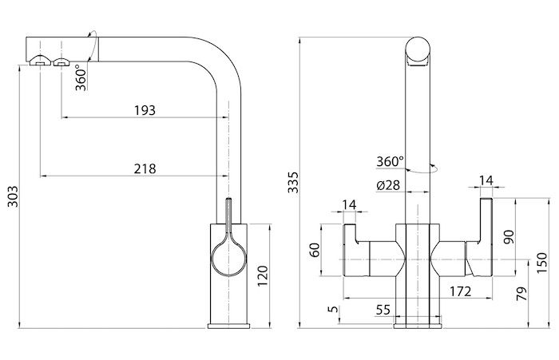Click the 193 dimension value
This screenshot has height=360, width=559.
145,110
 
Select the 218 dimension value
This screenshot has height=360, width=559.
145,168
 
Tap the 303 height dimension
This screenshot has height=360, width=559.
13,196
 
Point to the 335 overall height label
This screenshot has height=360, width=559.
293,182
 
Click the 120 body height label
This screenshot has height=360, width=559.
263,275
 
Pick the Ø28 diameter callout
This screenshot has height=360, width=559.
388,185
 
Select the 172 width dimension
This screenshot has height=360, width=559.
460,291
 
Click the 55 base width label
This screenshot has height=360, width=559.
383,310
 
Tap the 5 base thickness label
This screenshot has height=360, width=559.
333,309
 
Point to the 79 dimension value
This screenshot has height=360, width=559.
521,293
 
